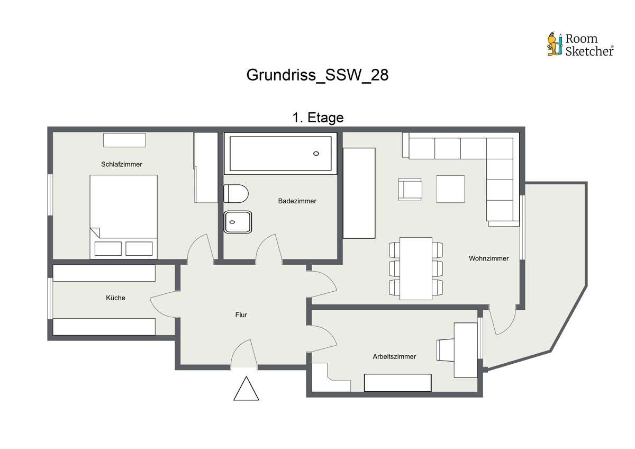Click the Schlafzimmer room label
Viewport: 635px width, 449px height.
[x=122, y=164]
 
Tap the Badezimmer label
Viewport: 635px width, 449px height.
[x=297, y=201]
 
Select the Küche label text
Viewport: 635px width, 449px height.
[x=116, y=298]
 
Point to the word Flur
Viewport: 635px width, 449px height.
[x=241, y=315]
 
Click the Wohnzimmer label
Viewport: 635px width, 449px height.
[x=489, y=258]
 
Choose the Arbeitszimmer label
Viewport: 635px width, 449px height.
[x=394, y=356]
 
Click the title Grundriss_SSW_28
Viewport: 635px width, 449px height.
[x=317, y=75]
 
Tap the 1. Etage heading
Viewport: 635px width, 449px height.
[x=318, y=118]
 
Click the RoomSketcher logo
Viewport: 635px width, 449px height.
[x=580, y=44]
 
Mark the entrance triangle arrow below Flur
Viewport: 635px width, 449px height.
[x=246, y=389]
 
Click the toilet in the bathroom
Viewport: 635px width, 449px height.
[x=236, y=194]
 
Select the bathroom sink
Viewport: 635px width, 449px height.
[x=238, y=222]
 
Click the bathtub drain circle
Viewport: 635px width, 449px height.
[x=316, y=154]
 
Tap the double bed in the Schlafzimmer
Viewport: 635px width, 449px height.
[x=124, y=217]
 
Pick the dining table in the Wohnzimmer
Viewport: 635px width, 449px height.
[x=416, y=268]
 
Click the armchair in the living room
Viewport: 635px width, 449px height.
[x=410, y=190]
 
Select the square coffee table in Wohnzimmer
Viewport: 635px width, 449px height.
[x=450, y=189]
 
